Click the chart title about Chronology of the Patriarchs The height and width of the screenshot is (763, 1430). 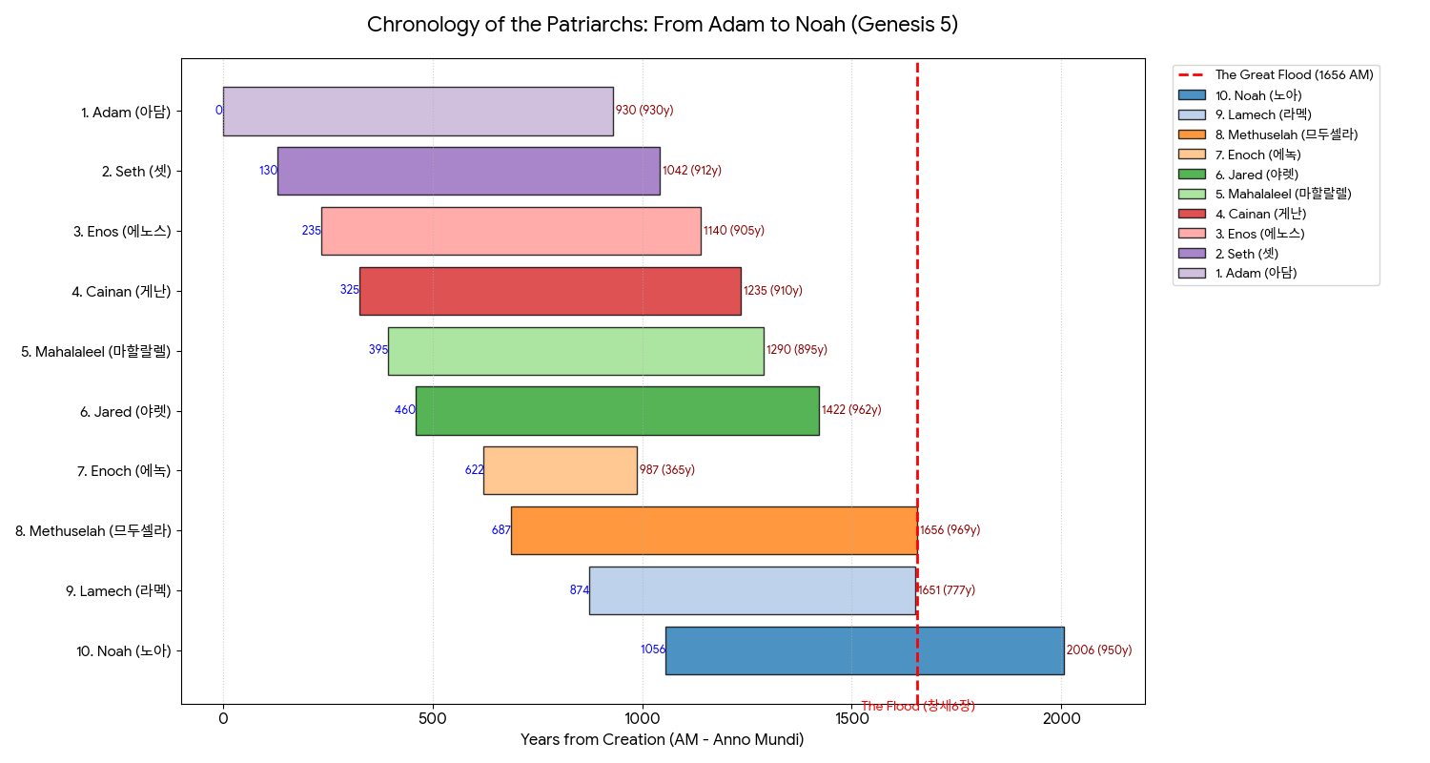coord(663,25)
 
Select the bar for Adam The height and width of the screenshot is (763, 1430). coord(418,111)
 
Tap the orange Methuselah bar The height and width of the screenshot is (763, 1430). coord(714,530)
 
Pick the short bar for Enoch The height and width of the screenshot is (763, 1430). coord(560,470)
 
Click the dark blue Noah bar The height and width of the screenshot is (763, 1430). coord(864,650)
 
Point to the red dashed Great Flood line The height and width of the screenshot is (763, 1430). coord(917,381)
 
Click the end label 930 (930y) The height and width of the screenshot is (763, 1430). coord(644,111)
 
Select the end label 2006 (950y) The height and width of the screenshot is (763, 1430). coord(1099,650)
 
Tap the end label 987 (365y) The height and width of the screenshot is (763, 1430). coord(667,470)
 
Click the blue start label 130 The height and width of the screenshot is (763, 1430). coord(268,171)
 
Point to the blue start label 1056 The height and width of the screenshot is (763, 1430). coord(653,650)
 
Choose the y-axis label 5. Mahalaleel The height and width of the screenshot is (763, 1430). coord(95,351)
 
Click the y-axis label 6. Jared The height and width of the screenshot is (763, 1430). coord(126,411)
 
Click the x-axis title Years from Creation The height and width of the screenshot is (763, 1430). coord(663,740)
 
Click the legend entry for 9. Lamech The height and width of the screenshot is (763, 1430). coord(1258,114)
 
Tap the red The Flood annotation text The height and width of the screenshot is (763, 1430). coord(917,707)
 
